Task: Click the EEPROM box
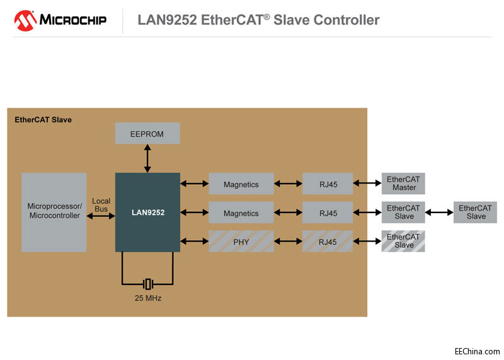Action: pyautogui.click(x=147, y=133)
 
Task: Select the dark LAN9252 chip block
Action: pyautogui.click(x=147, y=212)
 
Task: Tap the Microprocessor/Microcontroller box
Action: pyautogui.click(x=54, y=212)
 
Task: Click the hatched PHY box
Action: pyautogui.click(x=241, y=241)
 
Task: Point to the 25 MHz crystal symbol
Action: pyautogui.click(x=147, y=284)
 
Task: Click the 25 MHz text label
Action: pyautogui.click(x=147, y=298)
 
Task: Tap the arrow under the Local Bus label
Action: pyautogui.click(x=101, y=216)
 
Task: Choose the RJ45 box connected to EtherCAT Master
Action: pyautogui.click(x=328, y=184)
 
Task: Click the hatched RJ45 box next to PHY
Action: pyautogui.click(x=328, y=241)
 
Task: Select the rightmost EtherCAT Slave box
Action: pyautogui.click(x=476, y=212)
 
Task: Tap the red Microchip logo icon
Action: pyautogui.click(x=25, y=20)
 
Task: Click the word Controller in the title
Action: pyautogui.click(x=344, y=20)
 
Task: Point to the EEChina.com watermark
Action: pyautogui.click(x=477, y=351)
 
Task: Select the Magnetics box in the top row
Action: pyautogui.click(x=241, y=184)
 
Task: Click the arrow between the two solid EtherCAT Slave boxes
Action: pyautogui.click(x=440, y=212)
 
